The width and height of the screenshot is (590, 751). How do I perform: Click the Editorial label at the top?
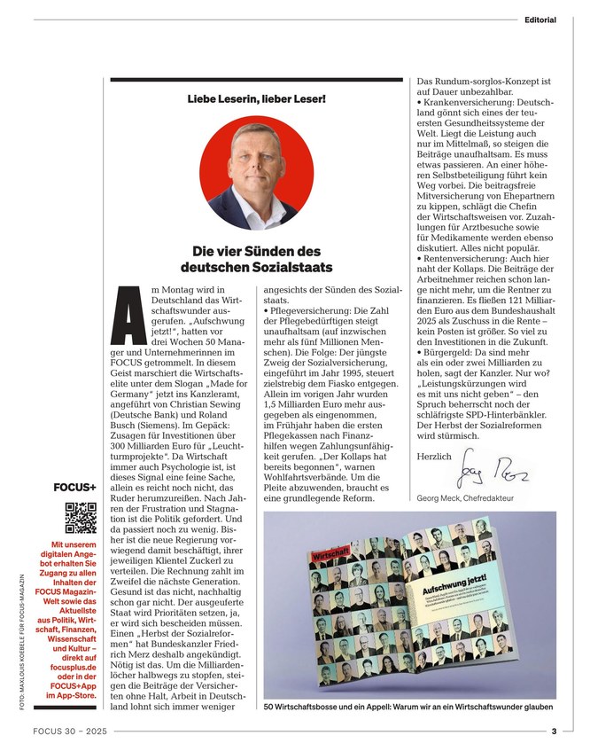tap(540, 19)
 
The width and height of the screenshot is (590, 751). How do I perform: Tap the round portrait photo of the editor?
tap(257, 174)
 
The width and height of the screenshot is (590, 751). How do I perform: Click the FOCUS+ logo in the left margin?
tap(75, 487)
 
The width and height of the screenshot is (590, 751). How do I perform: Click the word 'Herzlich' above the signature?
tap(434, 456)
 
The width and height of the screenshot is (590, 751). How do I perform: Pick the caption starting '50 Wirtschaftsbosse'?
tap(408, 708)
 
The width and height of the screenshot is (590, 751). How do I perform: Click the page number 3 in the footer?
tap(554, 732)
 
